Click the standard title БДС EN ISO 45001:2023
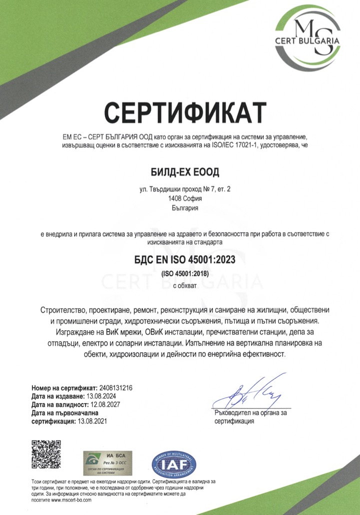(185, 260)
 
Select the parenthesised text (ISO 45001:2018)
(185, 274)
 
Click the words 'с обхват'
(185, 286)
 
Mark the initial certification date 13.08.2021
(90, 422)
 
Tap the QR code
(46, 454)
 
